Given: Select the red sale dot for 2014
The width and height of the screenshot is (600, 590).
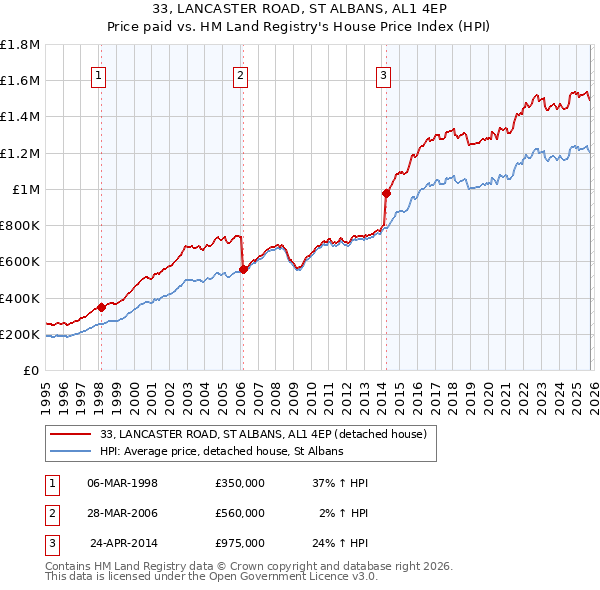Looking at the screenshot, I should pos(386,193).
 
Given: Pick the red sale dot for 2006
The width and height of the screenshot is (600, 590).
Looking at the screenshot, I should pos(243,268).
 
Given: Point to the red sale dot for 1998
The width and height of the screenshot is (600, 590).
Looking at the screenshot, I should pos(101,307).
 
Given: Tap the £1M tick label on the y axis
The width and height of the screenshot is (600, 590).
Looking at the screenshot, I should pos(26,190).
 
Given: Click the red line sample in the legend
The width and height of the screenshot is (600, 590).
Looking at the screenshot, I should pos(72,434).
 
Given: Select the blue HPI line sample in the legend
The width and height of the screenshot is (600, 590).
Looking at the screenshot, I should pos(72,452).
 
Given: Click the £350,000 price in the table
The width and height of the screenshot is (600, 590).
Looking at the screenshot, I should pos(239,482).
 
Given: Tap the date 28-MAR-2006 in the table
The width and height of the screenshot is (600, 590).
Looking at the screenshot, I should pos(122,513).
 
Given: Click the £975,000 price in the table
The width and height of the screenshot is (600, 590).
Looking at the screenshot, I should pos(239,544).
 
